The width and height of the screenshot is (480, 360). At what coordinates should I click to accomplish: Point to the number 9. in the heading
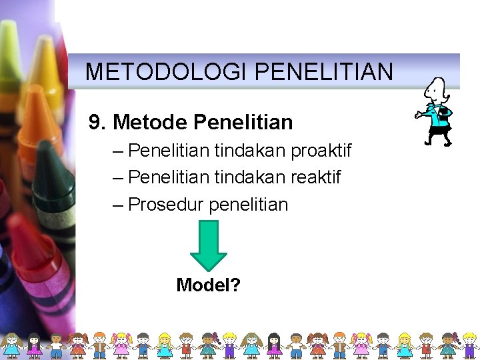coord(98,123)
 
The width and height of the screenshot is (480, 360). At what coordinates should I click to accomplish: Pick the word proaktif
coord(321,151)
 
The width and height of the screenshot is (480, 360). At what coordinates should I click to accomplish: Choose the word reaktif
coord(313,177)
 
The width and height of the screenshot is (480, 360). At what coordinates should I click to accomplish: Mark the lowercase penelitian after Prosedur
coord(249,204)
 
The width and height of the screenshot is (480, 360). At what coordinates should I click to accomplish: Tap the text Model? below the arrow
coord(209,285)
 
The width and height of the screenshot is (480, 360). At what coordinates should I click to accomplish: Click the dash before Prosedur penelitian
coord(119,205)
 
